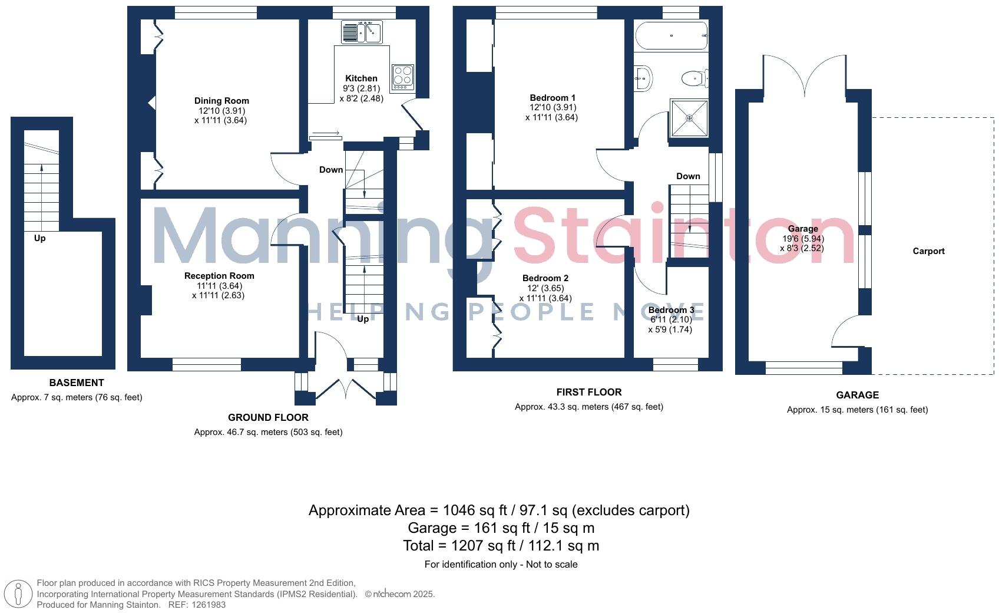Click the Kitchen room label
[361, 78]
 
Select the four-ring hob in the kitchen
[403, 77]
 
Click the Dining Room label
[221, 101]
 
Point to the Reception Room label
[219, 276]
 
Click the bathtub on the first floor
[671, 36]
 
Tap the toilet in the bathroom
[694, 78]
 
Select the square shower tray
[689, 118]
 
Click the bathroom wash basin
[643, 77]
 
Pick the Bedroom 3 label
[671, 310]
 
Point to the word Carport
[928, 251]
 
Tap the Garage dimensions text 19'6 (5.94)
[803, 239]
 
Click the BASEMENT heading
[77, 383]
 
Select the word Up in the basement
[39, 238]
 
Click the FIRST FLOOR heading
[588, 392]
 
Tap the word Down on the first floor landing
[688, 176]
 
